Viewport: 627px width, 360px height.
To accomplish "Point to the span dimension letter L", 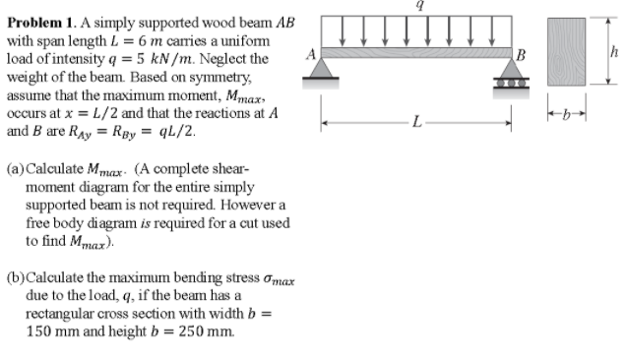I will click(x=419, y=123).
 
